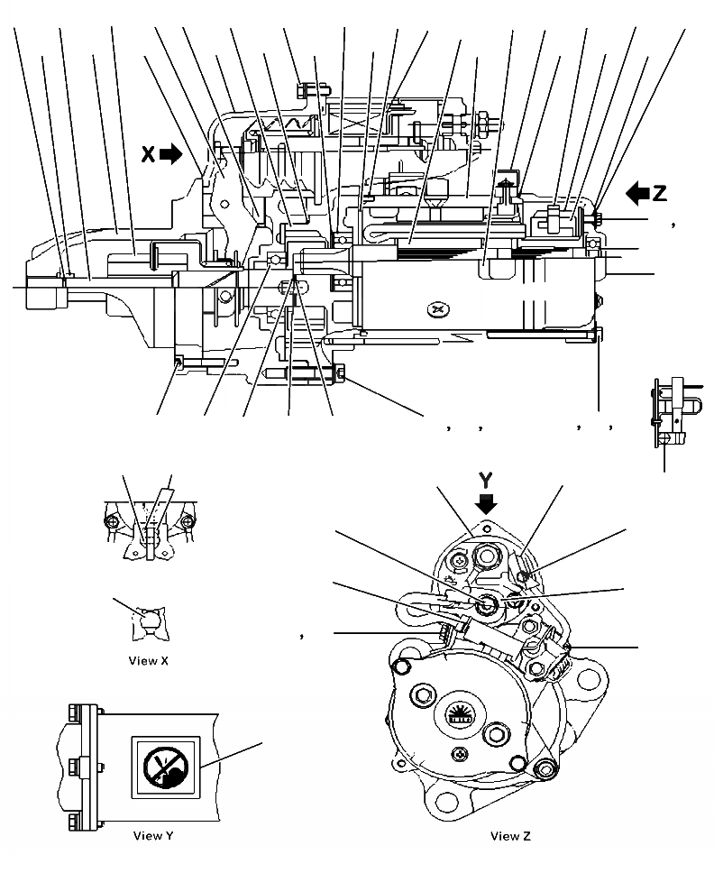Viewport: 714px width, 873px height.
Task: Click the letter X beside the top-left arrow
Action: (148, 154)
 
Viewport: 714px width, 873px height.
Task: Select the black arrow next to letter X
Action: (169, 154)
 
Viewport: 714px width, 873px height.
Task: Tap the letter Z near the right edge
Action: (661, 191)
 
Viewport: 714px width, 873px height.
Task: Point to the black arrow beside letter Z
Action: (638, 191)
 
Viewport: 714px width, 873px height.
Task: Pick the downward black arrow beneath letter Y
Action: (487, 501)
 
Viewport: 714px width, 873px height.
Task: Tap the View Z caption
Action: (510, 836)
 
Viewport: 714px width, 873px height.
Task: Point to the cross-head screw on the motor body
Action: (439, 309)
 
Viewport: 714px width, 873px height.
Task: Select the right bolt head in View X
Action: (188, 522)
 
